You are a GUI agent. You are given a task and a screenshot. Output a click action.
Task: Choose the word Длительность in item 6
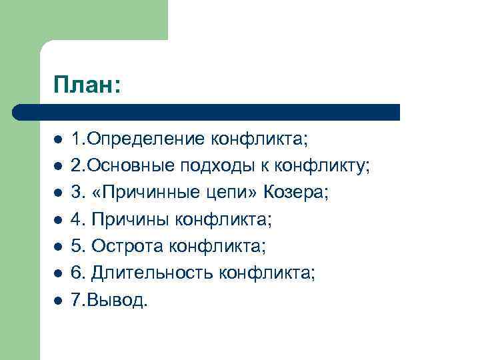coord(150,273)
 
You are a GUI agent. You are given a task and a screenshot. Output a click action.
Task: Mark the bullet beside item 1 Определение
coord(58,140)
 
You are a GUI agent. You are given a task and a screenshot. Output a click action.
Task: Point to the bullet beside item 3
coord(58,193)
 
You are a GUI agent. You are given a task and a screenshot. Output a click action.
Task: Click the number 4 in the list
coord(77,219)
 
